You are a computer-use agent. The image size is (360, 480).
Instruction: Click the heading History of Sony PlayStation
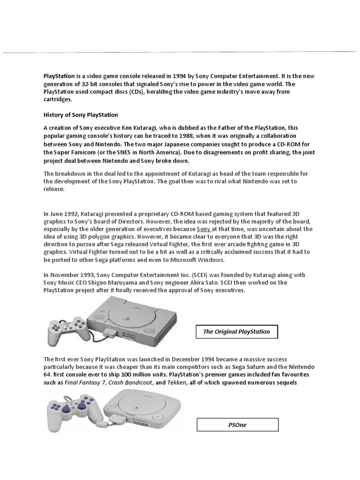click(81, 115)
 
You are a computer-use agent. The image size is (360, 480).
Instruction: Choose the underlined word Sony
click(203, 229)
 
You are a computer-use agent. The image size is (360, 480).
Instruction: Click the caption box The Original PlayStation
click(237, 332)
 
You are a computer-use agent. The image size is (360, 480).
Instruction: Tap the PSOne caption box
click(237, 425)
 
